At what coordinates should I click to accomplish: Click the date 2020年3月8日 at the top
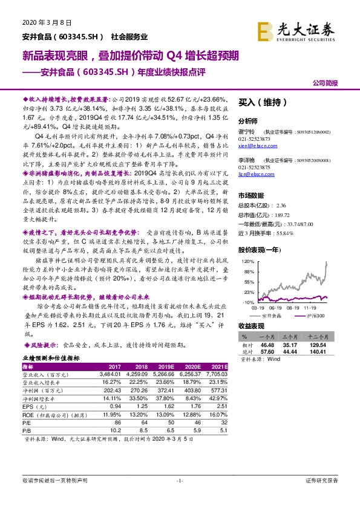coord(42,22)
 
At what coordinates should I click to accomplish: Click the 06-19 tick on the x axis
coord(274,306)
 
